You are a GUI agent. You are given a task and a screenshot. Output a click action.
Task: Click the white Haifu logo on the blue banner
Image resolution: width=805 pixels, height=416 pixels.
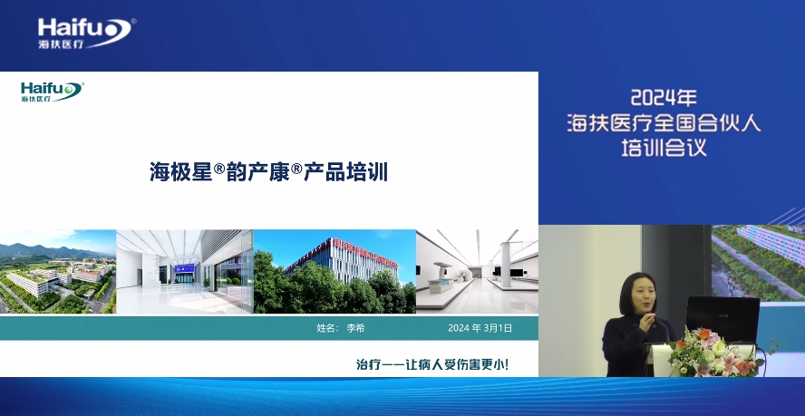coord(86,34)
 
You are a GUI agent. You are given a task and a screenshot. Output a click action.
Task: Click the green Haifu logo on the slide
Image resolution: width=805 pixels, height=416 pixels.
coord(53,92)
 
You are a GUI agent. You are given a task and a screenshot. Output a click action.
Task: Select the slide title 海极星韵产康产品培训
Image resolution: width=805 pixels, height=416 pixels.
coord(268,171)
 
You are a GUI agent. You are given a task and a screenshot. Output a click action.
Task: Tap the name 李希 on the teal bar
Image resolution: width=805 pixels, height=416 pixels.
coord(355,328)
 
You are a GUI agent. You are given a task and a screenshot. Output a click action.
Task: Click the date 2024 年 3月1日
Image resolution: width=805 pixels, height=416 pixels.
coord(480,328)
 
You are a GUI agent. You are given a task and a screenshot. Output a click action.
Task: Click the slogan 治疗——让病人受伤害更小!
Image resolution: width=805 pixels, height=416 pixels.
coord(432,364)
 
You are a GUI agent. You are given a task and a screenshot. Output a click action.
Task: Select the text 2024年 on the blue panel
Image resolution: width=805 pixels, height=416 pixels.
coord(664,98)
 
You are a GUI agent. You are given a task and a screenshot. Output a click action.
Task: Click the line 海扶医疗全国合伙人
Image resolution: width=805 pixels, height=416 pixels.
coord(664,123)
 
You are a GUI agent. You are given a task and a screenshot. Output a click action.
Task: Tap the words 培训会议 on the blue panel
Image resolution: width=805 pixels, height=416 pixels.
coord(664,148)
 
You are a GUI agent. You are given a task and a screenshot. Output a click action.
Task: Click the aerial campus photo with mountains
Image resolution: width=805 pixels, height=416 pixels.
coord(58,271)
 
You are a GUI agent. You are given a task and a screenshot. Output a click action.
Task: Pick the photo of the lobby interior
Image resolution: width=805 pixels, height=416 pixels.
coord(185,271)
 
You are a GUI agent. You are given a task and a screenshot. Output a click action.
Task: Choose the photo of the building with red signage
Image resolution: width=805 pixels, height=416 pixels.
coord(335,271)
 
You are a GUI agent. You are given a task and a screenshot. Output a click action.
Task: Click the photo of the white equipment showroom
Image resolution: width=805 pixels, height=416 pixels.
coord(477,271)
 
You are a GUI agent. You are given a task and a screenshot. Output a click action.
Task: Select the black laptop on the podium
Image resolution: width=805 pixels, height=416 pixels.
coord(723,318)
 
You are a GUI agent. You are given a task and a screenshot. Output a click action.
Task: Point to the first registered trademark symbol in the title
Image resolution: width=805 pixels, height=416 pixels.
coord(219,168)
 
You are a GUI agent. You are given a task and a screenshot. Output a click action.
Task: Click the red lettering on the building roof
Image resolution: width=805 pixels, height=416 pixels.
coord(365,253)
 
